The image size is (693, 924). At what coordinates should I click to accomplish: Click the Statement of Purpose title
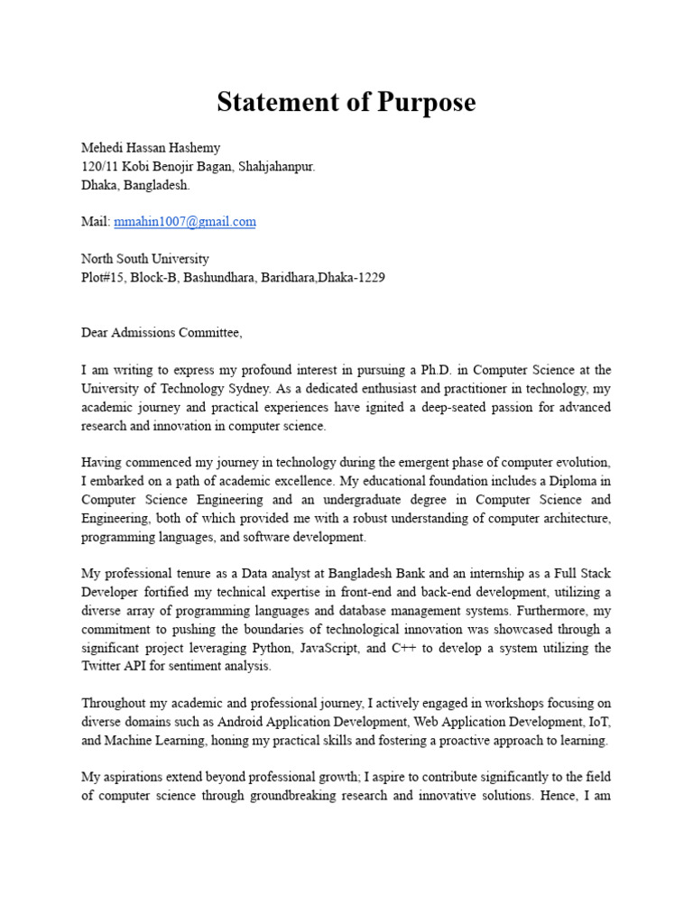pyautogui.click(x=346, y=103)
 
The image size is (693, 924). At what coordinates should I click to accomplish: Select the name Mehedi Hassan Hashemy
pyautogui.click(x=151, y=148)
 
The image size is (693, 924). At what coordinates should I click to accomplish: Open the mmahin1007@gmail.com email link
pyautogui.click(x=185, y=221)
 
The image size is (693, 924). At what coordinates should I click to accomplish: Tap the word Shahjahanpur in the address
pyautogui.click(x=276, y=167)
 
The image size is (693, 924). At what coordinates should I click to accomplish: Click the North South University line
pyautogui.click(x=145, y=259)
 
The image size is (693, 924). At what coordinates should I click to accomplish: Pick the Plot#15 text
pyautogui.click(x=105, y=278)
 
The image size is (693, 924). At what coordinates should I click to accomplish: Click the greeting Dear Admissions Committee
pyautogui.click(x=162, y=333)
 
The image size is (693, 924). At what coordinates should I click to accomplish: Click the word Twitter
pyautogui.click(x=103, y=667)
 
